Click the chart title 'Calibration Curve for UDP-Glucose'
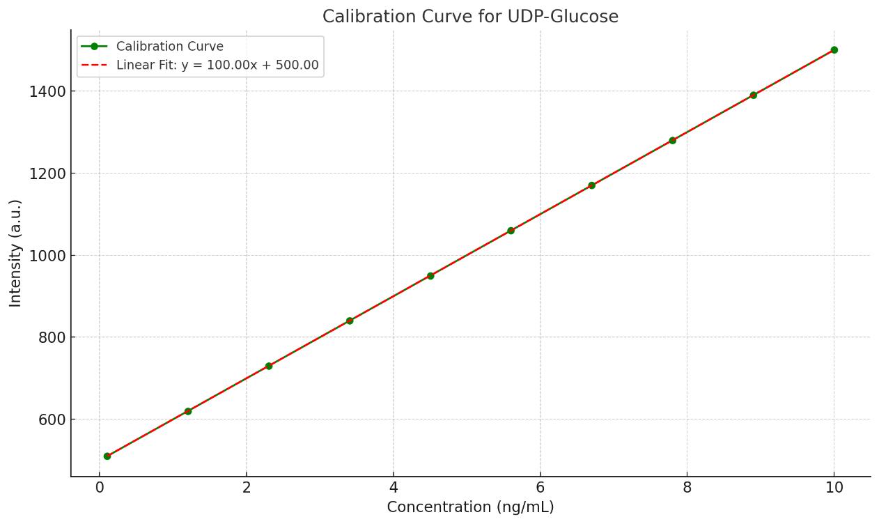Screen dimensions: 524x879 click(470, 17)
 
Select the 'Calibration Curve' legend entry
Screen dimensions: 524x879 click(169, 47)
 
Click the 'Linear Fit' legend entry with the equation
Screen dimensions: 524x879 click(217, 65)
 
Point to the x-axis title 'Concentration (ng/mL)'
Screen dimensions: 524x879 click(470, 507)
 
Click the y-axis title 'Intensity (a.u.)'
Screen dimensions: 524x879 click(15, 253)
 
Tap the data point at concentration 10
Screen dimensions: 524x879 click(834, 50)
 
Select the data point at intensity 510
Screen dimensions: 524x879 click(107, 456)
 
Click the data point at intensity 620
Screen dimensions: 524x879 click(188, 411)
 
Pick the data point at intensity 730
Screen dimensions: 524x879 click(269, 366)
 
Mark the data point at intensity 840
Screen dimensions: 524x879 click(350, 321)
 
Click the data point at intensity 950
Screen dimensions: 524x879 click(430, 276)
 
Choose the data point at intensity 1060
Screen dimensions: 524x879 click(511, 231)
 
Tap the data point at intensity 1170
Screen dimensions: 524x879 click(591, 185)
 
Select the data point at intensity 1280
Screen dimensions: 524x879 click(672, 140)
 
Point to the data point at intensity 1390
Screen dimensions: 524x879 click(753, 95)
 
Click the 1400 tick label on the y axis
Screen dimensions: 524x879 click(47, 92)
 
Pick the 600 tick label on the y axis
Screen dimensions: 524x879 click(52, 419)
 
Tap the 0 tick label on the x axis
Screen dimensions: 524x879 click(100, 488)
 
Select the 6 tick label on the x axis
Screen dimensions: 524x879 click(540, 488)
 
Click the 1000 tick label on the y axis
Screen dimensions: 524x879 click(47, 256)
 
